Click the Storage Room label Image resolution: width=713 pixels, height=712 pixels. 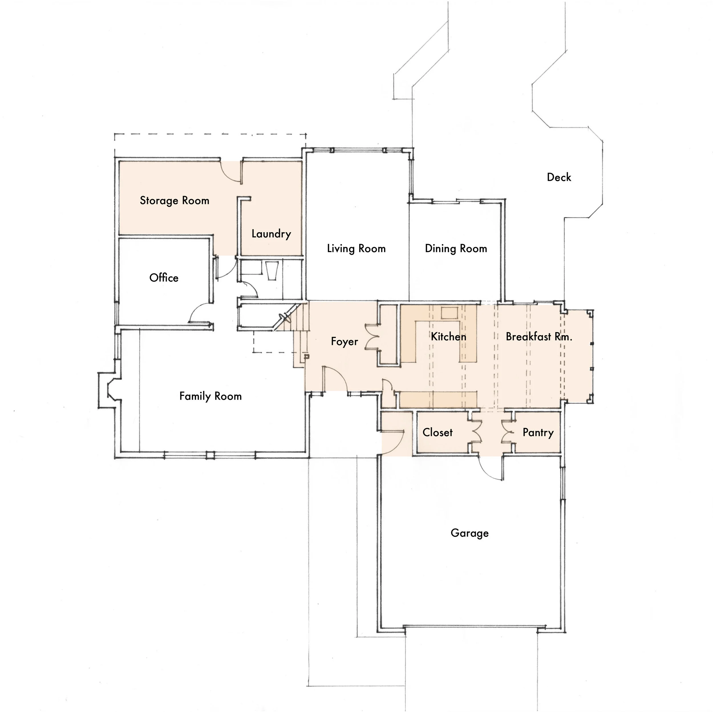click(175, 201)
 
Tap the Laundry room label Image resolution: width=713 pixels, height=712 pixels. click(271, 234)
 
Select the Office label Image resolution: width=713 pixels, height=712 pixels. click(164, 278)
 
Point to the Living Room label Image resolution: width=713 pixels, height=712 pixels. click(356, 249)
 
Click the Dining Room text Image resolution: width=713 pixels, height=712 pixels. click(456, 249)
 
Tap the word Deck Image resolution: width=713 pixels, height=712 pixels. click(559, 177)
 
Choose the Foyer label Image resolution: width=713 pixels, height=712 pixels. click(344, 342)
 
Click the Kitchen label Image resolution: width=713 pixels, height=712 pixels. click(448, 337)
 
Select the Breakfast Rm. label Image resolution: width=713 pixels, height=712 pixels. click(539, 337)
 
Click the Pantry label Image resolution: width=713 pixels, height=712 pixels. click(538, 432)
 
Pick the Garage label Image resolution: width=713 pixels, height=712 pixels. click(469, 533)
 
